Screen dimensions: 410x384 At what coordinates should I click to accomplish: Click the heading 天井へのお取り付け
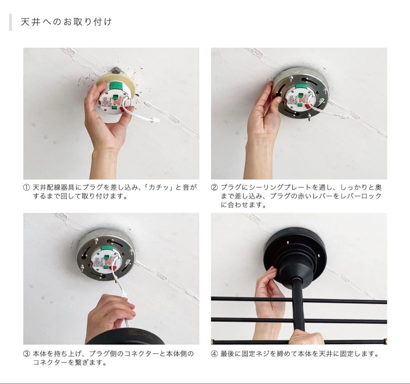pyautogui.click(x=66, y=22)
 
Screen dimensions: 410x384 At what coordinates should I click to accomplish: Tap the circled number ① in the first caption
pyautogui.click(x=27, y=188)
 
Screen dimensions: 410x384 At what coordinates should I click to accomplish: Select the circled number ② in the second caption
pyautogui.click(x=214, y=188)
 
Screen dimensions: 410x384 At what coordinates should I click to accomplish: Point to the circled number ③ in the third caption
pyautogui.click(x=27, y=354)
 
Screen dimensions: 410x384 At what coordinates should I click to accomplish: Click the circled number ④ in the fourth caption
pyautogui.click(x=214, y=354)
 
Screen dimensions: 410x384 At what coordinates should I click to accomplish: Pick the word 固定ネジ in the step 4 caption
pyautogui.click(x=256, y=354)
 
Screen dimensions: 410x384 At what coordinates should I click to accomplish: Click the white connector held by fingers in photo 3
pyautogui.click(x=125, y=296)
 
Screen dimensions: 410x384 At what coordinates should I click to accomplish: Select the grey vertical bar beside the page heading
pyautogui.click(x=11, y=22)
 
